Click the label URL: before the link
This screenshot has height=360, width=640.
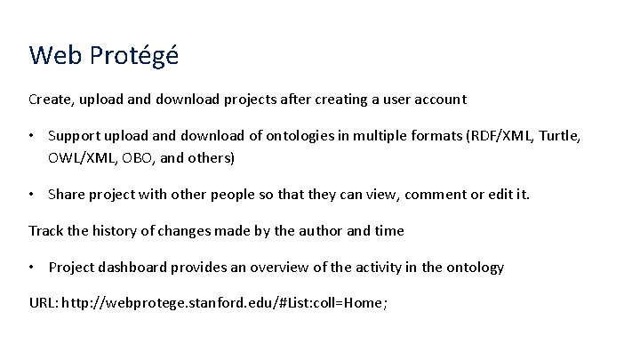tap(45, 304)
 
